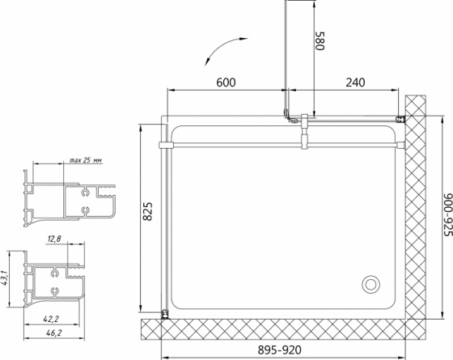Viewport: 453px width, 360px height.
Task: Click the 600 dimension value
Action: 226,83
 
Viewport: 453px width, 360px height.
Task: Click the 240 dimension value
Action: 355,83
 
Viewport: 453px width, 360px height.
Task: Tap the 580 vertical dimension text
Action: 320,40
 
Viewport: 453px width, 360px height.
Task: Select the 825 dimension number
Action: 147,211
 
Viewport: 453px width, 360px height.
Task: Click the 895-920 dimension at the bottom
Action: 279,350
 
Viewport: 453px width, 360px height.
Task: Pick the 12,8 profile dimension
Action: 54,239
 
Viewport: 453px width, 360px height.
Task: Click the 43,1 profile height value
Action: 4,278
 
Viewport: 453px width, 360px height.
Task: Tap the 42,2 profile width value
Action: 51,319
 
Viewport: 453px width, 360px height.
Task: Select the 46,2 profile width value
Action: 53,332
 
